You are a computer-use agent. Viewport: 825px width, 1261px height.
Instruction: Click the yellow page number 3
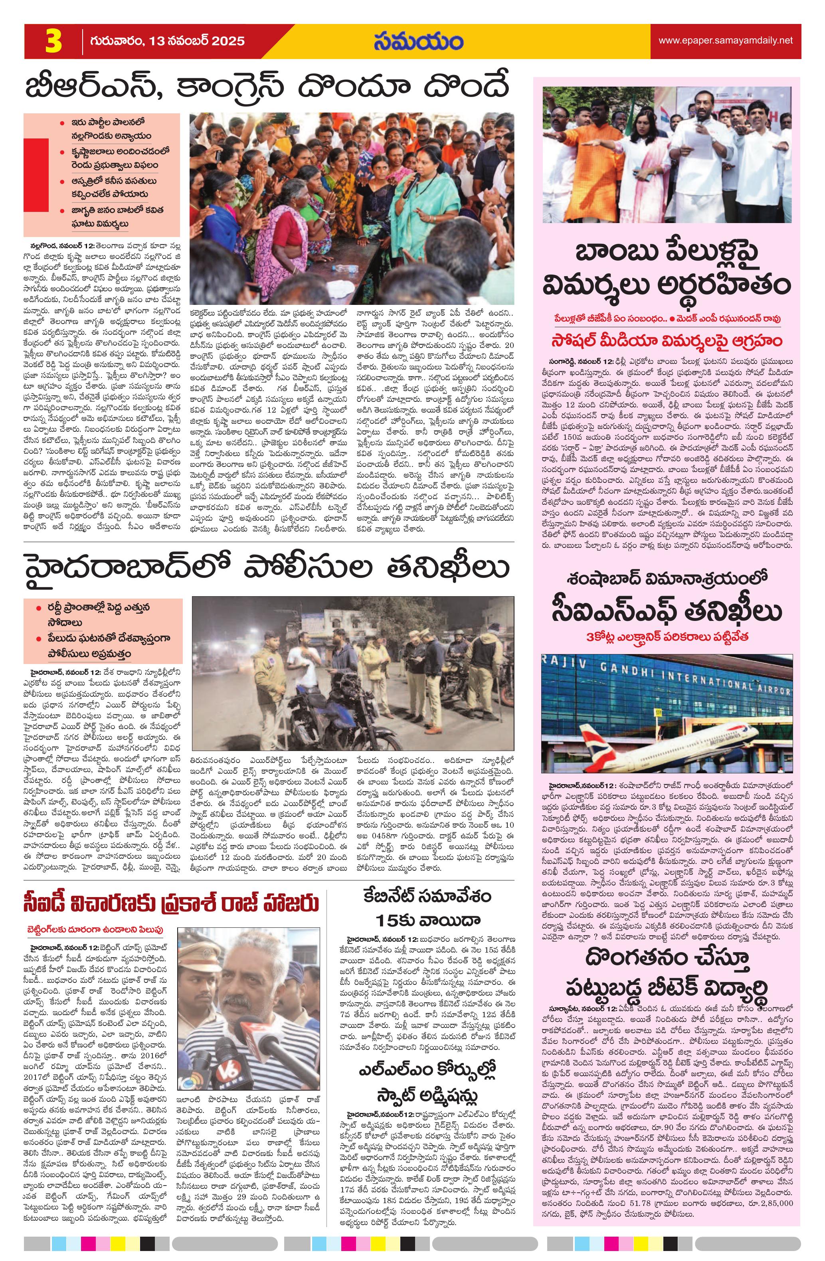point(53,42)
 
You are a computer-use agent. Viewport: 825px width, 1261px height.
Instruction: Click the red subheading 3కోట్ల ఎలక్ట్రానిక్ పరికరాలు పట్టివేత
point(666,637)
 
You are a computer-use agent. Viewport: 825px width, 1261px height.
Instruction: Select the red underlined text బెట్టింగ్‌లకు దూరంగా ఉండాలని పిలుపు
point(95,929)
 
